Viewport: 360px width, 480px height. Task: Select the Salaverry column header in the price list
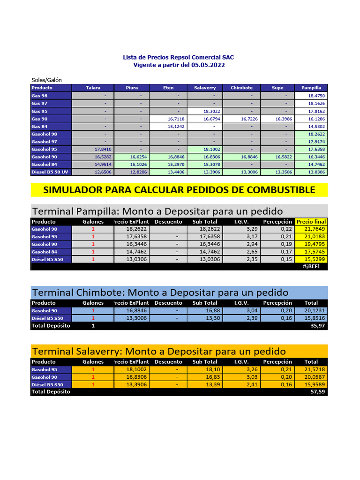pos(205,88)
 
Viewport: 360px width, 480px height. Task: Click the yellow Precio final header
pos(311,222)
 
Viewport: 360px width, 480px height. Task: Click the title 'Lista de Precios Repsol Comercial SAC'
pos(178,57)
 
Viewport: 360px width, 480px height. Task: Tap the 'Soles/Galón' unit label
pos(46,80)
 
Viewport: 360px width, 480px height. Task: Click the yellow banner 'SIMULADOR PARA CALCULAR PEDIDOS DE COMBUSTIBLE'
pos(179,190)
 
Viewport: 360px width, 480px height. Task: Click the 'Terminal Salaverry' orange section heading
pos(158,351)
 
